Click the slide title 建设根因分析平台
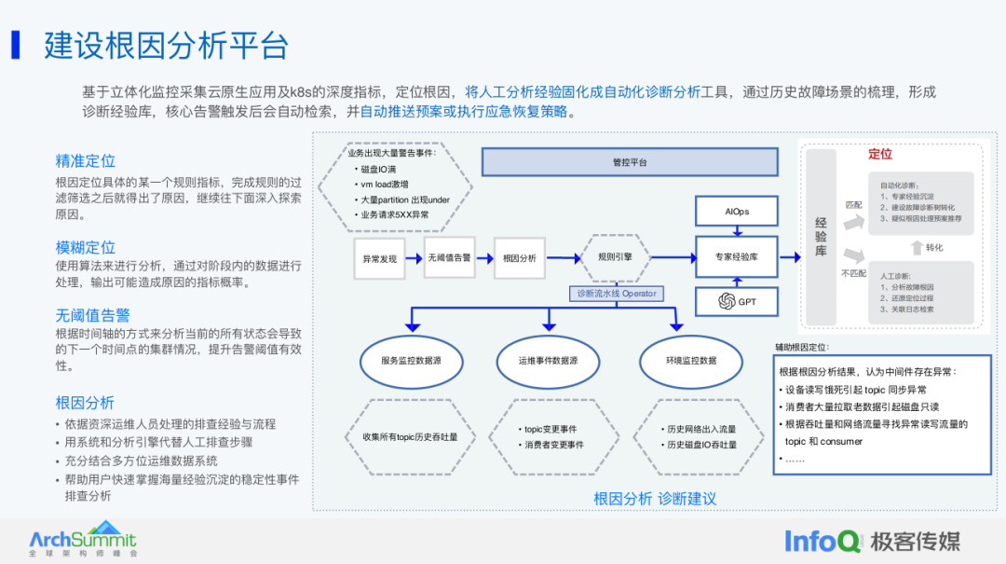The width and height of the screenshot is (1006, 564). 166,46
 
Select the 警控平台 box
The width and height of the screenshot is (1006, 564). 629,162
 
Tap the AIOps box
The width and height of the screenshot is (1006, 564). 737,212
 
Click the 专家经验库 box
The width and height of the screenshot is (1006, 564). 737,256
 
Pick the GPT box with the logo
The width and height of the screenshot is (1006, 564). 737,301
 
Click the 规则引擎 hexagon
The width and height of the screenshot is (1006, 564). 615,256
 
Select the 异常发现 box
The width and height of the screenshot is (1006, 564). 380,258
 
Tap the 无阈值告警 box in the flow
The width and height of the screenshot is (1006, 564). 449,256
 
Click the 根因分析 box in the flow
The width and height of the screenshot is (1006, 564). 519,258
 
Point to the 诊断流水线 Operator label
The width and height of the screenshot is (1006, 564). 616,293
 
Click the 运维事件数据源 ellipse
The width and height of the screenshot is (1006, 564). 547,360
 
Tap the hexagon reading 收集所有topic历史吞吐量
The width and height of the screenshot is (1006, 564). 411,436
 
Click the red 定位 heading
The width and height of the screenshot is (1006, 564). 880,154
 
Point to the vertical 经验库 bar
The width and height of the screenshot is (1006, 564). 821,238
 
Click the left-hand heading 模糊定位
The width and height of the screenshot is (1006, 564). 86,248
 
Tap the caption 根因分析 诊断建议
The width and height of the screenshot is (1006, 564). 655,499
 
